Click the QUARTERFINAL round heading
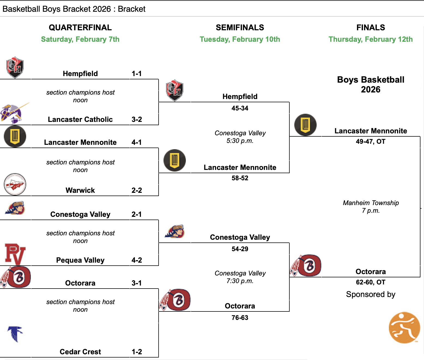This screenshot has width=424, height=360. pos(80,28)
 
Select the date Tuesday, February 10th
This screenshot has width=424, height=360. pos(240,39)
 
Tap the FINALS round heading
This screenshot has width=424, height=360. pos(371,28)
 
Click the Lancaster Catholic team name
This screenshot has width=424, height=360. pos(80,119)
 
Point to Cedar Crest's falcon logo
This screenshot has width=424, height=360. pos(15,334)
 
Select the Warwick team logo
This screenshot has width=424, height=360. pos(15,184)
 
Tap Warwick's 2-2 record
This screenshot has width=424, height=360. pos(137,190)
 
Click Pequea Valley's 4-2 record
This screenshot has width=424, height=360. pos(137,260)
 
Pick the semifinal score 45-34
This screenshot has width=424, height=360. pos(240,108)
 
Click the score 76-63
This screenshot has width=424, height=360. pos(240,318)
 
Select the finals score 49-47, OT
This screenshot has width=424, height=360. pos(371,142)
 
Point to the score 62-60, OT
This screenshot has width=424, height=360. pos(371,282)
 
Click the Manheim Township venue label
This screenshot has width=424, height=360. pos(371,203)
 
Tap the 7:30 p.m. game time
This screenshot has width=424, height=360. pos(240,281)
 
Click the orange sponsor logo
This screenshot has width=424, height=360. pos(404,328)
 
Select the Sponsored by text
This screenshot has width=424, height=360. pos(371,295)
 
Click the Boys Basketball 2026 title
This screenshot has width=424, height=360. pos(371,85)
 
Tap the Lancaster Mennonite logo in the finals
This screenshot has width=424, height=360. pos(305,125)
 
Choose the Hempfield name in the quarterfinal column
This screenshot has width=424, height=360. pos(80,74)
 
